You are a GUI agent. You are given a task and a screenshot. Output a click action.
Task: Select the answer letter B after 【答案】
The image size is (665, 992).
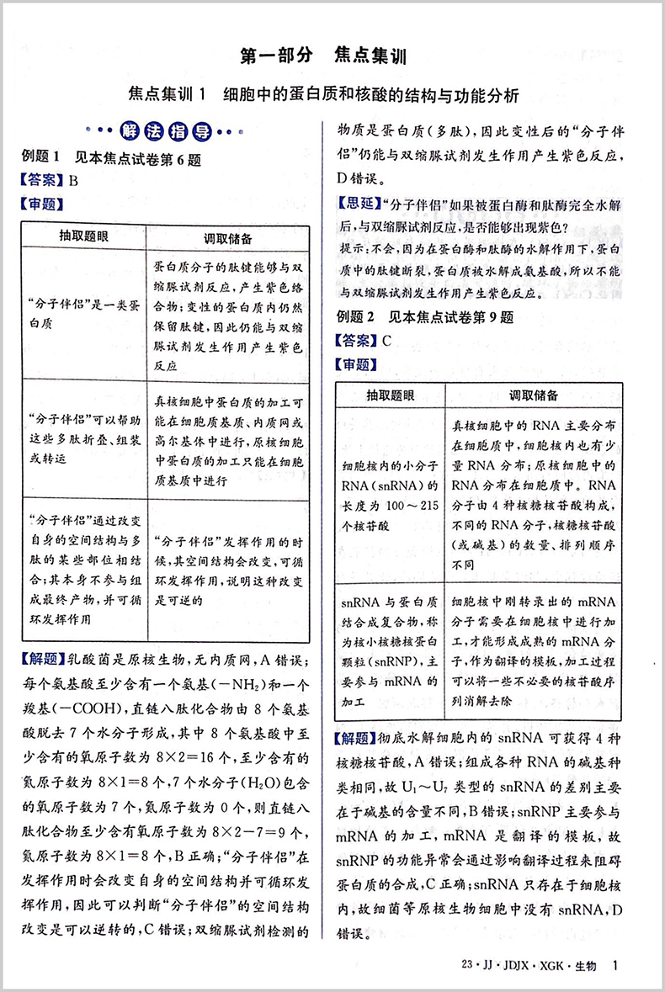coord(73,179)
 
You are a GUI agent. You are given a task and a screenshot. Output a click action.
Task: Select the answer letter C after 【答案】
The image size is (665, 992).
coord(386,341)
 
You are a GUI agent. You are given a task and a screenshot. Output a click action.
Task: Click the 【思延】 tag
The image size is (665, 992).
coord(357,203)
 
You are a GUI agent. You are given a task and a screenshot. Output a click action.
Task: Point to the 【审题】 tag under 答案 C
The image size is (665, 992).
coord(357,364)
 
